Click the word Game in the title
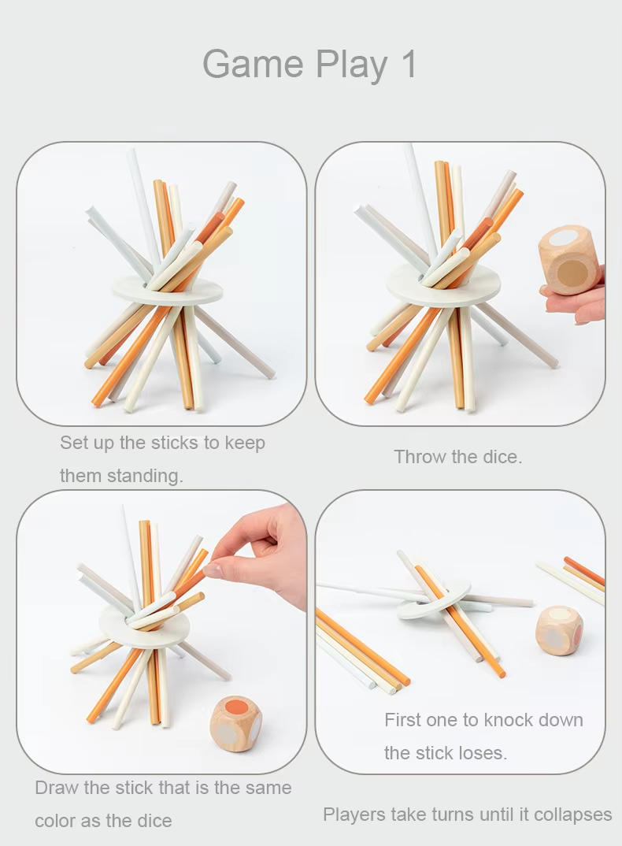tap(253, 64)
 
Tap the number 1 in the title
tap(409, 64)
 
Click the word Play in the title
tap(352, 65)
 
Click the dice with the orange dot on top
tap(235, 722)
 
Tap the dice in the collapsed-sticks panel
tap(560, 630)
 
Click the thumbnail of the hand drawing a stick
tap(162, 631)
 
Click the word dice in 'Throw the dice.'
tap(503, 457)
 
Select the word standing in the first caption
tap(145, 476)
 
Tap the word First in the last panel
tap(402, 720)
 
